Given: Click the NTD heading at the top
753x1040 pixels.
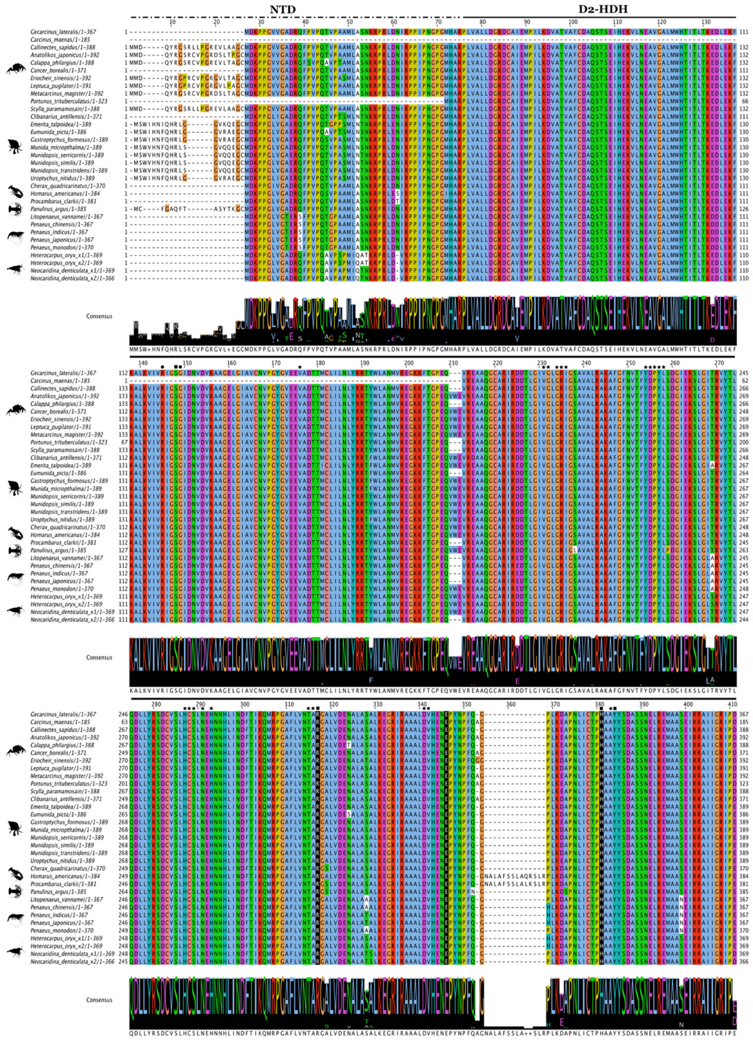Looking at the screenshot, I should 282,9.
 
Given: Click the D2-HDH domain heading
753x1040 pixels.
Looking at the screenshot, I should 603,9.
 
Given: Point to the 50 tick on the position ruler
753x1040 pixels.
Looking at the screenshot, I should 350,23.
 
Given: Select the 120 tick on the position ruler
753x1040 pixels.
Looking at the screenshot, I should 662,23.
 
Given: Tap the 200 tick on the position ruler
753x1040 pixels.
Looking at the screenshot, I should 409,363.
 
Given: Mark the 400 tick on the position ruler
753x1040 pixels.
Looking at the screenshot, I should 688,705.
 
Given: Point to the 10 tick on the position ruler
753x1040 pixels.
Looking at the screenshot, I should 172,23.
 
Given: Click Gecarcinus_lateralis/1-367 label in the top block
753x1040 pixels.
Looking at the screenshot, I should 64,32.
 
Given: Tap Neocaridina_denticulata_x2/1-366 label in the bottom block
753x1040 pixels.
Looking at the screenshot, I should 72,961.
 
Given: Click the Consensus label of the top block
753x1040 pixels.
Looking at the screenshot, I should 99,316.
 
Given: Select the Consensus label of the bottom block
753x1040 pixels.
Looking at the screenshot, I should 99,1000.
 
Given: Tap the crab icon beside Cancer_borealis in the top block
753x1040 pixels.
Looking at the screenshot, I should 14,70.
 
